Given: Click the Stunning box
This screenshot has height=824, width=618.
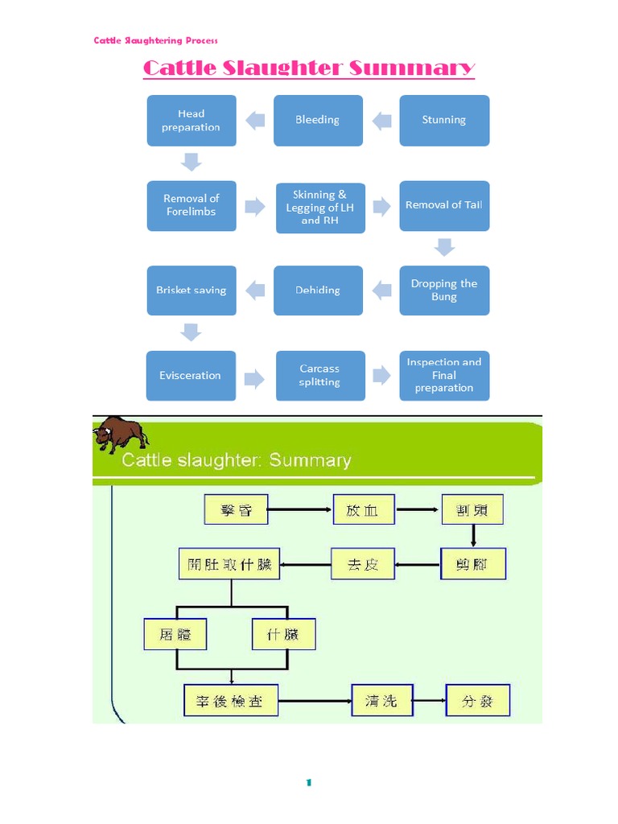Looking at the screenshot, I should tap(444, 120).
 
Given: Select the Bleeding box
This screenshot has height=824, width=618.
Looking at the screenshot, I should tap(318, 120).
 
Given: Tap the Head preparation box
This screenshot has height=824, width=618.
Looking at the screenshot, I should tap(192, 120).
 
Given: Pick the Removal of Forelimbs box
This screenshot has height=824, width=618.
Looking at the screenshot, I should tap(192, 205).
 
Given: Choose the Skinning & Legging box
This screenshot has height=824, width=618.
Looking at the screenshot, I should tap(319, 207).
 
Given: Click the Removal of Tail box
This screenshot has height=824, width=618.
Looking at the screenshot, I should tap(444, 205).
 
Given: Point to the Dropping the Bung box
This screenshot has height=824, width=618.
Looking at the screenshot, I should tap(444, 290).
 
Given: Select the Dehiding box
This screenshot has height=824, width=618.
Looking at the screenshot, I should tap(318, 290).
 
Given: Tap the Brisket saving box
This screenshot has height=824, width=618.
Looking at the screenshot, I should tap(192, 290).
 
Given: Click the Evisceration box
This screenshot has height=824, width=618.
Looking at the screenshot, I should tap(191, 375).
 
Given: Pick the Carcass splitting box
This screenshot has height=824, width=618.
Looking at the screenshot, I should tap(319, 375).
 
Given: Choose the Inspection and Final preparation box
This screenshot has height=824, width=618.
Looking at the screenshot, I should tap(444, 375).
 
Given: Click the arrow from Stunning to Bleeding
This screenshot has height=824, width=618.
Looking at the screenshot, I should tap(381, 121).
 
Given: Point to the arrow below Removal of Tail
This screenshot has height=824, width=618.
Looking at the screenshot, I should tap(444, 247).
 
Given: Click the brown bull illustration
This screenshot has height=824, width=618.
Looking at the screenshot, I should tap(121, 435).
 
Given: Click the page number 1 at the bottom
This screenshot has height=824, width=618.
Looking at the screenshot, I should tap(308, 783).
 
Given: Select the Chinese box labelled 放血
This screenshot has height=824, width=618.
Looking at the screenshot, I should tap(362, 509).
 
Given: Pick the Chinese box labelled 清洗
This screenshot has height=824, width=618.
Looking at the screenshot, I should tap(381, 700).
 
